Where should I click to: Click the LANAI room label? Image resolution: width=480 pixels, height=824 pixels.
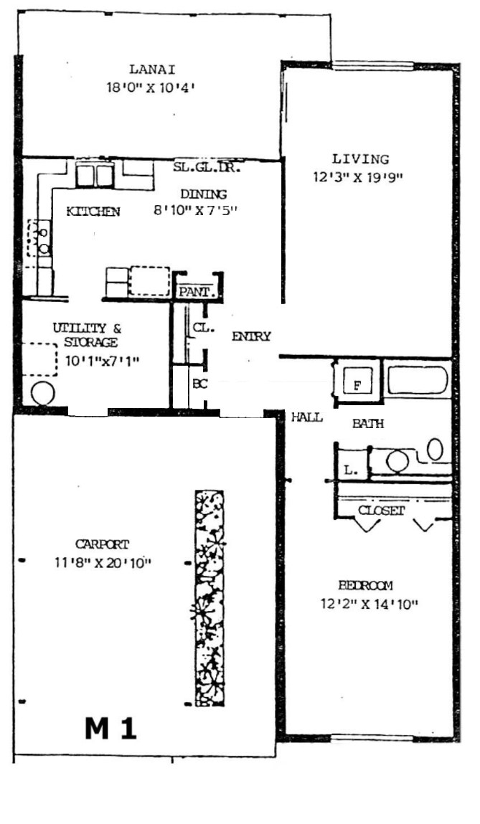point(152,69)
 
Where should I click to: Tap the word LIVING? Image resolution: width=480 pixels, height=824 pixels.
point(361,158)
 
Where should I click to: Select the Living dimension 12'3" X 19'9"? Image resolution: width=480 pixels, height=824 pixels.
point(358,178)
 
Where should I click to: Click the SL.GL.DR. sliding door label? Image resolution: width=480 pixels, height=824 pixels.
point(207,168)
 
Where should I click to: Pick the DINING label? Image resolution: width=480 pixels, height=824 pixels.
point(204,194)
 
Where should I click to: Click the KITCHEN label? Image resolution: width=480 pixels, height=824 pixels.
point(93,212)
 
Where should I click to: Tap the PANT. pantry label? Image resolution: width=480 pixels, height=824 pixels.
point(196,292)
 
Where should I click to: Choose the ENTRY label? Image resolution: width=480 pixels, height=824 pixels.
point(251,336)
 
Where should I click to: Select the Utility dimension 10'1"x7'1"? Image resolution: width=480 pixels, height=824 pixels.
point(103,361)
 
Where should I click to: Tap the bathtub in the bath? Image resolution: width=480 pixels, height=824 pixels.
point(418,379)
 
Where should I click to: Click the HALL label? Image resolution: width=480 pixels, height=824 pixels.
point(306,417)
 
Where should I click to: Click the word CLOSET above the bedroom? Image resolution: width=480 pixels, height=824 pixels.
point(381,511)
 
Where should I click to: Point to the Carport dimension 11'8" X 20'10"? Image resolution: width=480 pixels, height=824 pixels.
point(103,563)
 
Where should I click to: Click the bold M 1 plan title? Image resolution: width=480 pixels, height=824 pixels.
point(111,729)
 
